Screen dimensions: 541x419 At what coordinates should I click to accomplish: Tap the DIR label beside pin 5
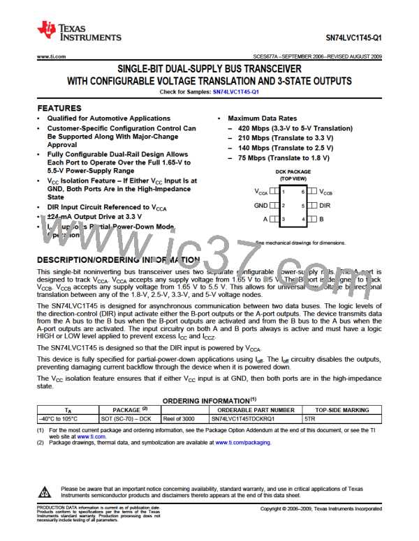click(x=325, y=206)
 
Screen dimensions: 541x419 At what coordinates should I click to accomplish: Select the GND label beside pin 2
click(x=261, y=206)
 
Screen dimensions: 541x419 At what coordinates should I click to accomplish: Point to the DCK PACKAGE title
click(x=293, y=171)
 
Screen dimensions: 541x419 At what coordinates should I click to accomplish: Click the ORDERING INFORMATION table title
click(x=209, y=402)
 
